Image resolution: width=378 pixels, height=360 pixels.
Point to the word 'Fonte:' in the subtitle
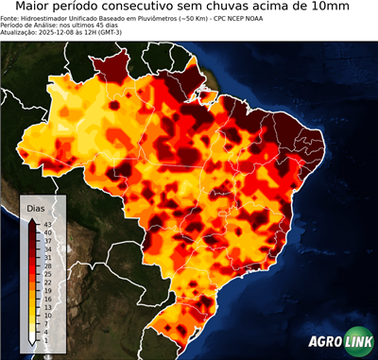click(12, 17)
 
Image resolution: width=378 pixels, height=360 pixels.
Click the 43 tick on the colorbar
click(47, 223)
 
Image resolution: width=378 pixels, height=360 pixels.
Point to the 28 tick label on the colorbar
click(47, 266)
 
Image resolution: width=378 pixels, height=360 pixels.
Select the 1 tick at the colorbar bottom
click(47, 340)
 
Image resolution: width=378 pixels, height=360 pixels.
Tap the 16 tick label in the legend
click(47, 299)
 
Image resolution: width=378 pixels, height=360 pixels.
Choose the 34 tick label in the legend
click(47, 249)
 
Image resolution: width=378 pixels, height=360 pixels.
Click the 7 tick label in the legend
click(47, 323)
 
